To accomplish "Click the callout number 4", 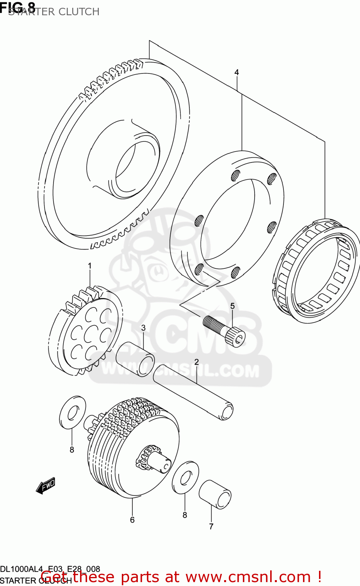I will coord(237,72).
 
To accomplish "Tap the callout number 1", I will coord(89,266).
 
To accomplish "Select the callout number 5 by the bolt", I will coord(232,306).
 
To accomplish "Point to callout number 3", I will coord(143,328).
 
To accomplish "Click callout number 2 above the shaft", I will coord(196,362).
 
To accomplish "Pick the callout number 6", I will coord(132,520).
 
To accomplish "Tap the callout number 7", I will coord(211,526).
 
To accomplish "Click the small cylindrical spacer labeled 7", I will coord(215,494).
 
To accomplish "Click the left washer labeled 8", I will coord(73,413).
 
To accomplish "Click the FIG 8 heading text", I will coord(18,7).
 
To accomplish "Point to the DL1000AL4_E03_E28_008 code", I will coord(50,569).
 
